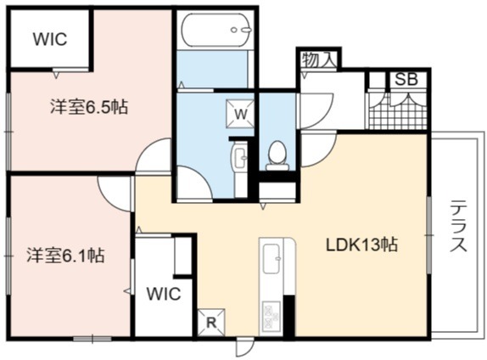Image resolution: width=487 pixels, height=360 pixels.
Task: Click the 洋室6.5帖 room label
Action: click(89, 107)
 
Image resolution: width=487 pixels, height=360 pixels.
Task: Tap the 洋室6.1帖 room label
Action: click(65, 256)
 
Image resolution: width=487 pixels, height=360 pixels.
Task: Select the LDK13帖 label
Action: click(361, 245)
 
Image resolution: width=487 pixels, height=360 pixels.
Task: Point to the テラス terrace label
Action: click(458, 226)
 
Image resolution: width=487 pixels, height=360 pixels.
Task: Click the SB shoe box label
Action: click(406, 79)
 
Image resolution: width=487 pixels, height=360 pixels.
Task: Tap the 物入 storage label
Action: click(319, 59)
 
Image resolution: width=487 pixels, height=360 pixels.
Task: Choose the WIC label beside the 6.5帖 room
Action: click(50, 39)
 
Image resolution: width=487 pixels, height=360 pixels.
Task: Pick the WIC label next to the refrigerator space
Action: click(164, 294)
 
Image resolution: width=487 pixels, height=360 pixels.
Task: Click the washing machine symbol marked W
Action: click(240, 114)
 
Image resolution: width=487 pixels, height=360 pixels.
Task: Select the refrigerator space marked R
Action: click(211, 323)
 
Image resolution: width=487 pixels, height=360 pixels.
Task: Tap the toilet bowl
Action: click(277, 155)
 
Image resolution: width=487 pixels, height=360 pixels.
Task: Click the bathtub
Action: click(216, 31)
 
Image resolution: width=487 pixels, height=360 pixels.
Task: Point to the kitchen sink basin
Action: click(271, 259)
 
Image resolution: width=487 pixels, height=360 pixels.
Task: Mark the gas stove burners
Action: click(271, 316)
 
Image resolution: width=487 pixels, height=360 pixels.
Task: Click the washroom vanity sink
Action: click(239, 155)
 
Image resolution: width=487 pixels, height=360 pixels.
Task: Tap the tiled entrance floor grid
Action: click(398, 110)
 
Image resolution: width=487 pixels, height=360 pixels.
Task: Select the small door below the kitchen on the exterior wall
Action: click(244, 347)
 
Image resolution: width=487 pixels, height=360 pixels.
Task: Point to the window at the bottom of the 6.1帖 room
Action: click(92, 339)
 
